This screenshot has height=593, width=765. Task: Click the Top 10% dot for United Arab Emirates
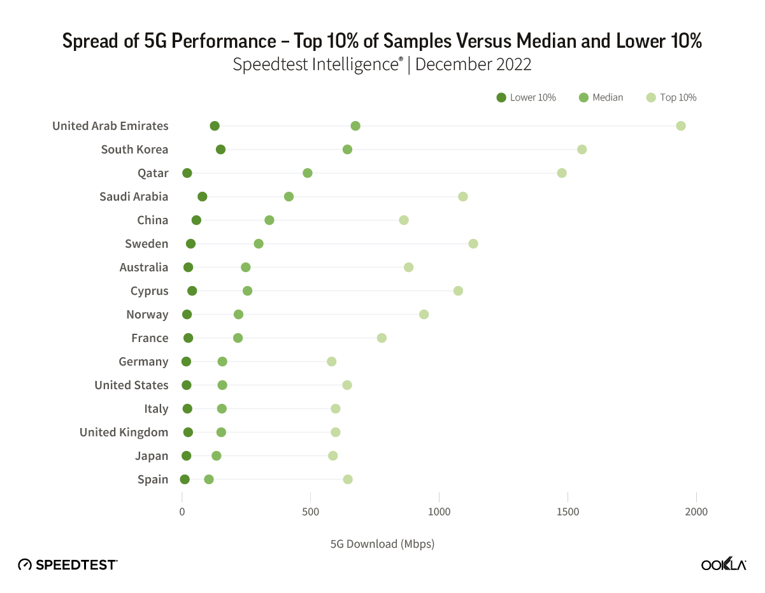[680, 125]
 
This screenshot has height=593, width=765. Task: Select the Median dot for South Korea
[347, 149]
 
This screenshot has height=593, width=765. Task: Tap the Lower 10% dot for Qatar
[187, 173]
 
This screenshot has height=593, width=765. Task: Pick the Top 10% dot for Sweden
[473, 243]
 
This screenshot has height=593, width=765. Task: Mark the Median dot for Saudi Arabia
[289, 196]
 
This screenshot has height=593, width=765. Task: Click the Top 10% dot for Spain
[347, 479]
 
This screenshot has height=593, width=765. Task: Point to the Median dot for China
[269, 220]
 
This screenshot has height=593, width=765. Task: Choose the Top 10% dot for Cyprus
[458, 290]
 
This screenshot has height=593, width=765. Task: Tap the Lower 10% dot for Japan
[187, 455]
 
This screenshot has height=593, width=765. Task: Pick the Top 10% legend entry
[671, 97]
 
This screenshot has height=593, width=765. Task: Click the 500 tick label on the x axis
[310, 512]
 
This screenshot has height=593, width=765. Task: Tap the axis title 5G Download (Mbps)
[382, 544]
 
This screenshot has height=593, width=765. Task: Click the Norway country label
[147, 314]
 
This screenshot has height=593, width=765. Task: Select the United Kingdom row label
[124, 432]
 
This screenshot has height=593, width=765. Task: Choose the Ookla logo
[724, 564]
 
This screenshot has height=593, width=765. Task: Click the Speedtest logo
[68, 564]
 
